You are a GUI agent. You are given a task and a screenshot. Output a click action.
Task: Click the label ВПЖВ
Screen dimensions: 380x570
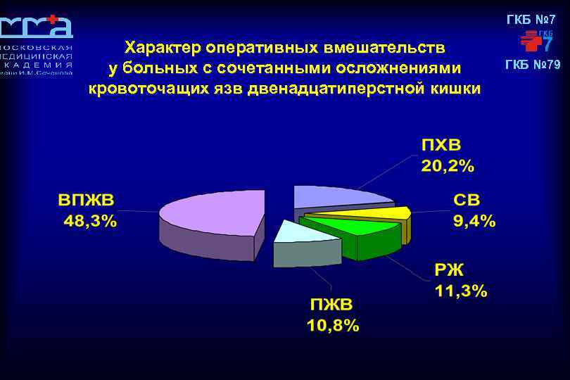coord(87,199)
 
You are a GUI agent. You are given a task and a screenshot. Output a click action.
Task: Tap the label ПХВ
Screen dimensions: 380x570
coord(441,146)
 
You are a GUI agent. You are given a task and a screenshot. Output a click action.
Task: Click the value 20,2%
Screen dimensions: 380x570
coord(448,166)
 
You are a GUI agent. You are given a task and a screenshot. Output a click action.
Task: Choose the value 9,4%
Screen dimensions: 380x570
coord(474,221)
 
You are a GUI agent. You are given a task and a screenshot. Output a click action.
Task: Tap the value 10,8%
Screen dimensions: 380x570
coord(333,326)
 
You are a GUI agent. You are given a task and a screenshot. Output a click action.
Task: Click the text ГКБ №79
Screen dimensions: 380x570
coord(533,65)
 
